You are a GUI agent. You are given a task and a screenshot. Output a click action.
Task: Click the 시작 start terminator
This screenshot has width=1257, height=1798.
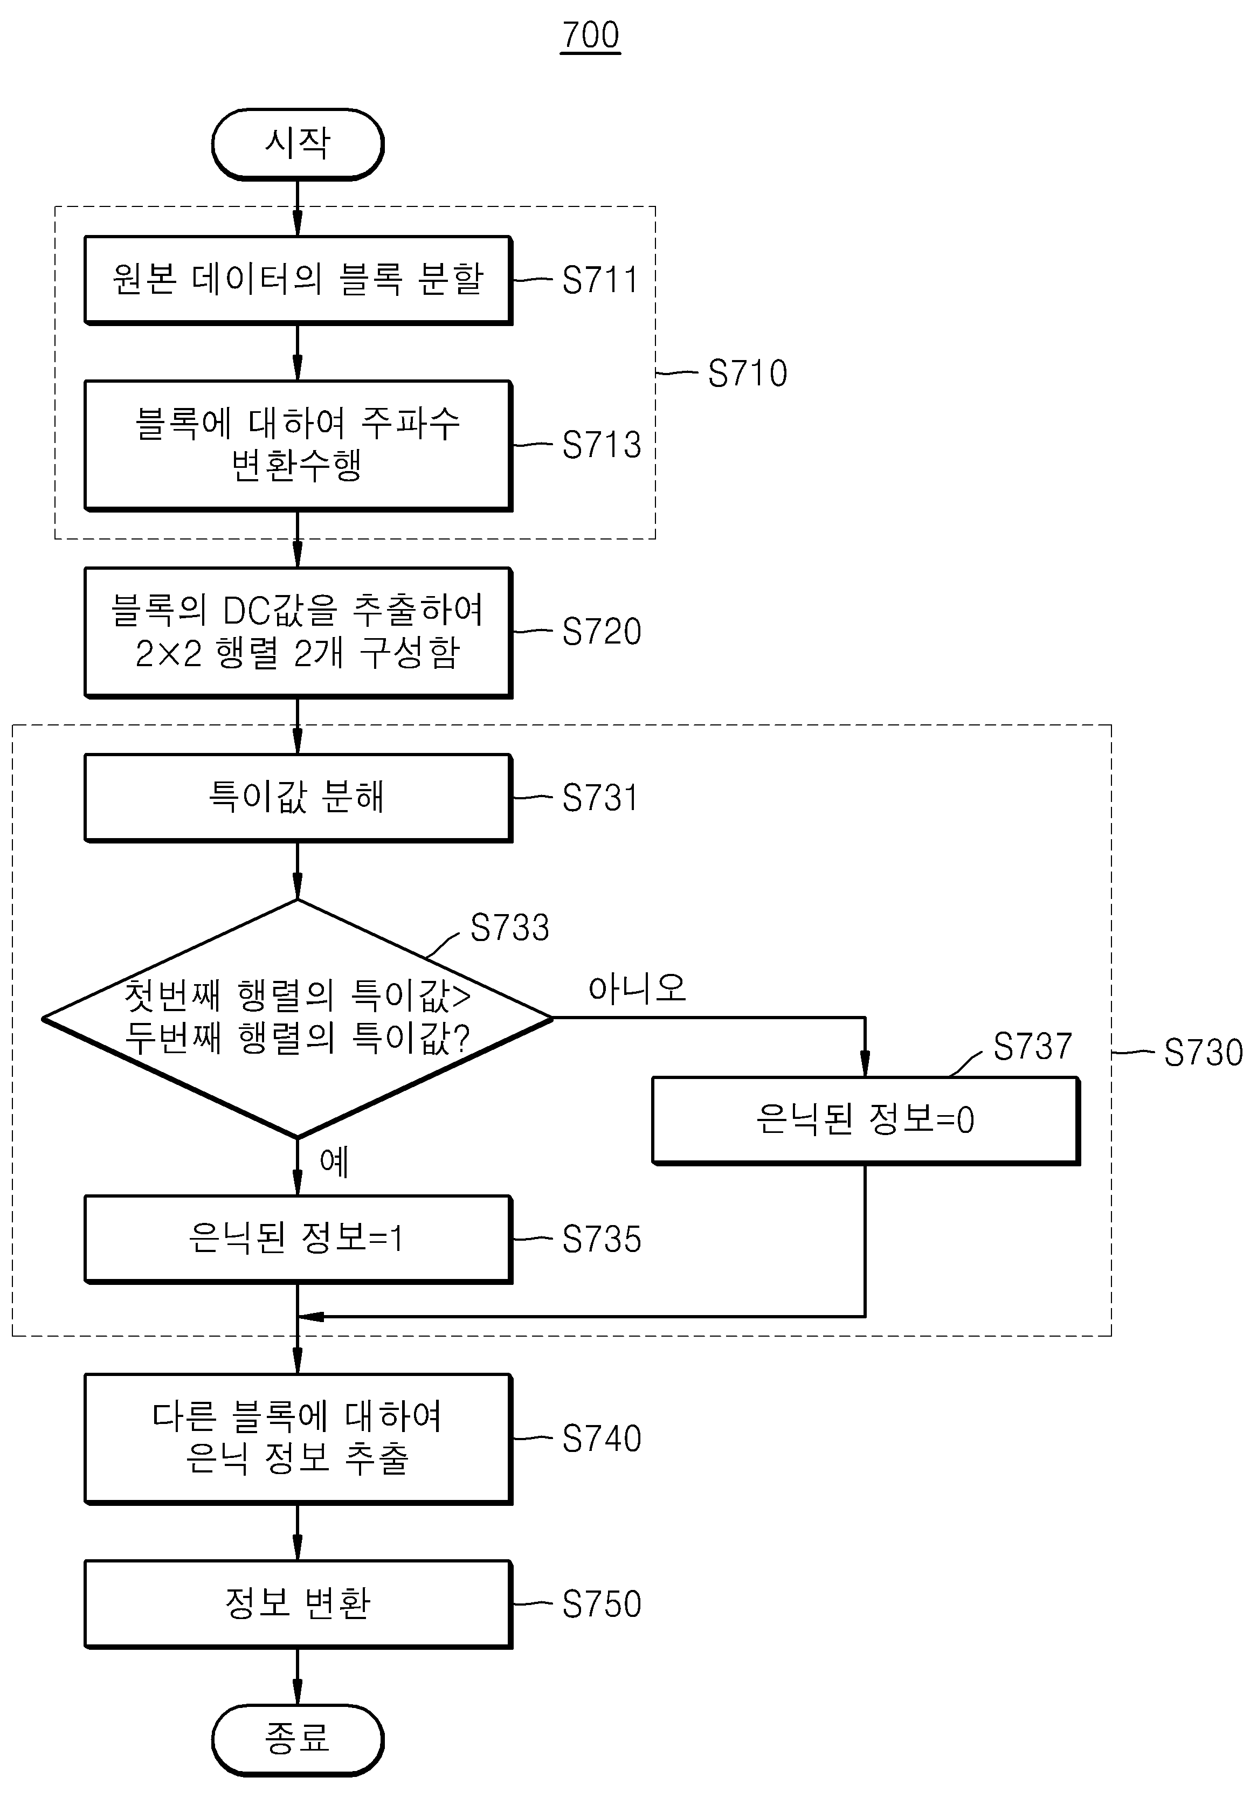click(x=298, y=144)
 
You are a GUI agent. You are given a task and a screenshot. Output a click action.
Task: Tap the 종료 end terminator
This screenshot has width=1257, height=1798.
click(x=298, y=1739)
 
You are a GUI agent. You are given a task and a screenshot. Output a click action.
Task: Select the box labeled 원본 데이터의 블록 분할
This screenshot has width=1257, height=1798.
click(x=298, y=280)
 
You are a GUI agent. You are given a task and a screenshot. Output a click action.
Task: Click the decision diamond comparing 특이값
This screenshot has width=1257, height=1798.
click(x=298, y=1018)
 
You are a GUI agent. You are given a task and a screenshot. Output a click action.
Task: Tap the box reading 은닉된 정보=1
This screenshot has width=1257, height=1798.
click(x=298, y=1239)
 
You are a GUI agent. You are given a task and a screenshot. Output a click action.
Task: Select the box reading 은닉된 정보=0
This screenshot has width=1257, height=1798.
click(x=866, y=1120)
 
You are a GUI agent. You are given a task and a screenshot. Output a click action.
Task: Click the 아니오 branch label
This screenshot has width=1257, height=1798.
click(x=637, y=988)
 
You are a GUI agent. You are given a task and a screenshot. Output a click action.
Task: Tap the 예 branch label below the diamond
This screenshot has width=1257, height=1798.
click(x=334, y=1161)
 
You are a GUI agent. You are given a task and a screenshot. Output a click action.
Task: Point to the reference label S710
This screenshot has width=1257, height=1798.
click(x=747, y=374)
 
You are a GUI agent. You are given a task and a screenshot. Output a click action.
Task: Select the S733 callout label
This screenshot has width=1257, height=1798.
click(x=509, y=928)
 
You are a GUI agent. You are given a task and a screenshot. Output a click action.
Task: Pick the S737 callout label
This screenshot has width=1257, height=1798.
click(x=1032, y=1046)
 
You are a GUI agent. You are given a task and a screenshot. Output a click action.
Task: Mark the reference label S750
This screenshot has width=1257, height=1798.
click(x=602, y=1605)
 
